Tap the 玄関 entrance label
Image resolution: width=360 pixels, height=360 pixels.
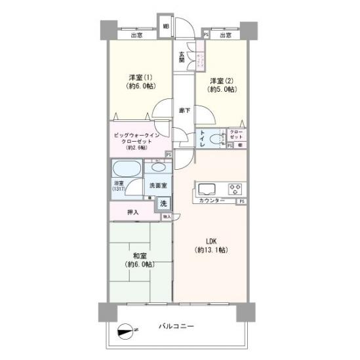(x=182, y=56)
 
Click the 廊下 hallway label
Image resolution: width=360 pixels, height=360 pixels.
(x=184, y=110)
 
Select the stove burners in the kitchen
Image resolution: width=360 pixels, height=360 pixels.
(x=233, y=188)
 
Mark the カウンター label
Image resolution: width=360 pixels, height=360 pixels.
(x=212, y=200)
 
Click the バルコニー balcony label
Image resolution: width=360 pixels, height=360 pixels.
(x=176, y=326)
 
